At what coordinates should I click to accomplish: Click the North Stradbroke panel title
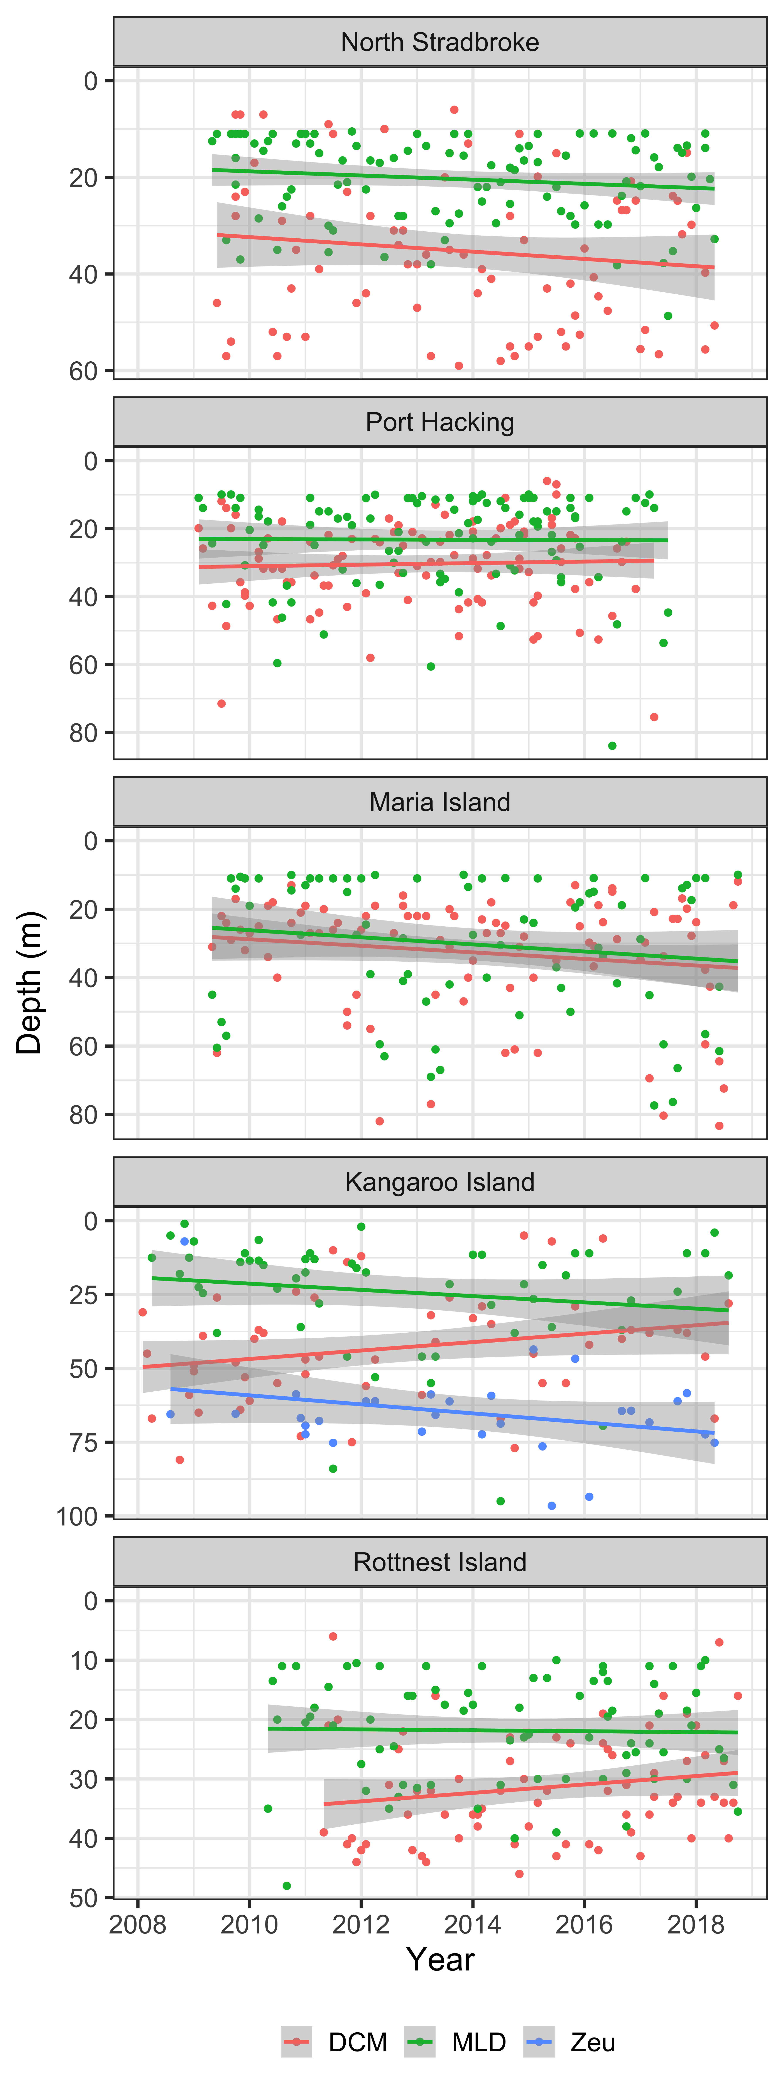tap(440, 42)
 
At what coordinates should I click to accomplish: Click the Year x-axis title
tap(440, 1959)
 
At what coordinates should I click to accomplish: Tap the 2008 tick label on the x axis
tap(138, 1925)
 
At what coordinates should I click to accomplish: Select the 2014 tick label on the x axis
tap(472, 1925)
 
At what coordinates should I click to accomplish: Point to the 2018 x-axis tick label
tap(696, 1925)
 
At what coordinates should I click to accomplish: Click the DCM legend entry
tap(334, 2042)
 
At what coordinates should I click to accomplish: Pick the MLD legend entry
tap(455, 2042)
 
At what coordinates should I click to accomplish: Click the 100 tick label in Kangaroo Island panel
tap(77, 1516)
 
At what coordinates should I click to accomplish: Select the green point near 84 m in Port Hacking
tap(612, 746)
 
